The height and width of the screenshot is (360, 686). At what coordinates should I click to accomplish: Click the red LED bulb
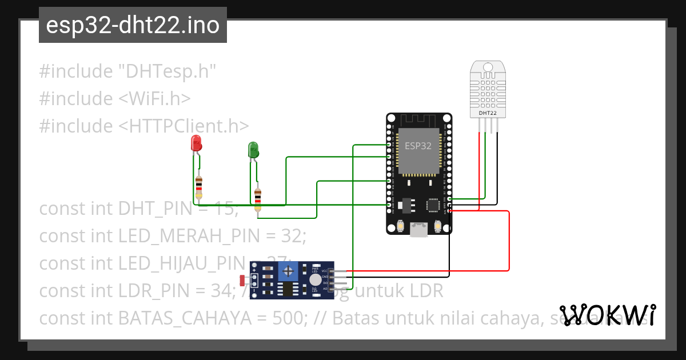tap(196, 143)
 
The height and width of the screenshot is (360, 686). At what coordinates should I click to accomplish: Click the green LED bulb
tap(253, 150)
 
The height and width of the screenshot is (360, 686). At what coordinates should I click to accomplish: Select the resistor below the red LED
tap(198, 186)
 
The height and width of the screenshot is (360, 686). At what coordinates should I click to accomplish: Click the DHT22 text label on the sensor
tap(487, 113)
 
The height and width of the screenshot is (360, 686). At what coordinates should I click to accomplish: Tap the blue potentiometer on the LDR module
tap(290, 270)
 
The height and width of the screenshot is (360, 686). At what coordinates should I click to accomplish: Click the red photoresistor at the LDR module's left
tap(242, 280)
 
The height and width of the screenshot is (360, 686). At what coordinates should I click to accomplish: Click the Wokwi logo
tap(607, 315)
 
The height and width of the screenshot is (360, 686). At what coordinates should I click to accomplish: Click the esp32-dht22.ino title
tap(133, 26)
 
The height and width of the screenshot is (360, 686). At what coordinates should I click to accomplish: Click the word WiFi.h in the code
tap(154, 98)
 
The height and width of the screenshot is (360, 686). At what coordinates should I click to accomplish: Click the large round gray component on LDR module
tap(315, 279)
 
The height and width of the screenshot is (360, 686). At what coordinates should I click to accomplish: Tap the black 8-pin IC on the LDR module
tap(287, 289)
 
